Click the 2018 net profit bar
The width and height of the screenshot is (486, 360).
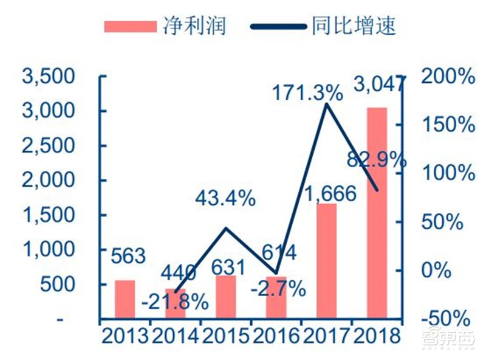[377, 213]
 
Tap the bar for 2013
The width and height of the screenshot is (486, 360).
[125, 299]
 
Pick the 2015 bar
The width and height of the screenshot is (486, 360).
[225, 296]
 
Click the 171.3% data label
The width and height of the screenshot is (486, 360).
[307, 92]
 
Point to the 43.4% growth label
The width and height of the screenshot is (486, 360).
[225, 198]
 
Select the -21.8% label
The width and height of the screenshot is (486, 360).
[176, 302]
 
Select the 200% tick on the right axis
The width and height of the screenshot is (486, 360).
[448, 77]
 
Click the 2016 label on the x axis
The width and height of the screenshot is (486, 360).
[276, 336]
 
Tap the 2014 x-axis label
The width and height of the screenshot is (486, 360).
[176, 336]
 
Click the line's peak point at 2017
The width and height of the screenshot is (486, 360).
[327, 105]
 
